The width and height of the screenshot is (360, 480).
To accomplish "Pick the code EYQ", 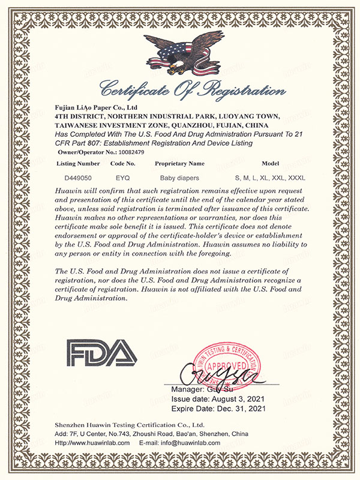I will [123, 178].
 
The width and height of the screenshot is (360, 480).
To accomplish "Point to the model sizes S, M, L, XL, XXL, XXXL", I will [271, 178].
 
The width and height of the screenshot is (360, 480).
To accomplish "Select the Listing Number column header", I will [77, 163].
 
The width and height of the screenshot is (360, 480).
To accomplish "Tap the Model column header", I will [271, 163].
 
